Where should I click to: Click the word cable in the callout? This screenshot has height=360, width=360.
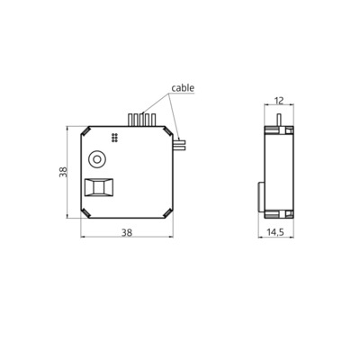click(182, 88)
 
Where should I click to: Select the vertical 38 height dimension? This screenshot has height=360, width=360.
click(61, 172)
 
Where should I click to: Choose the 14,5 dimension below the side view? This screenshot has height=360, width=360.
click(278, 231)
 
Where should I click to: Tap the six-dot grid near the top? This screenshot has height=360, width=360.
click(115, 138)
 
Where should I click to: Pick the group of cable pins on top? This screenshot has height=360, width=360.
click(142, 119)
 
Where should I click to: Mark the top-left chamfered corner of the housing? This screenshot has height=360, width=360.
click(86, 130)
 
